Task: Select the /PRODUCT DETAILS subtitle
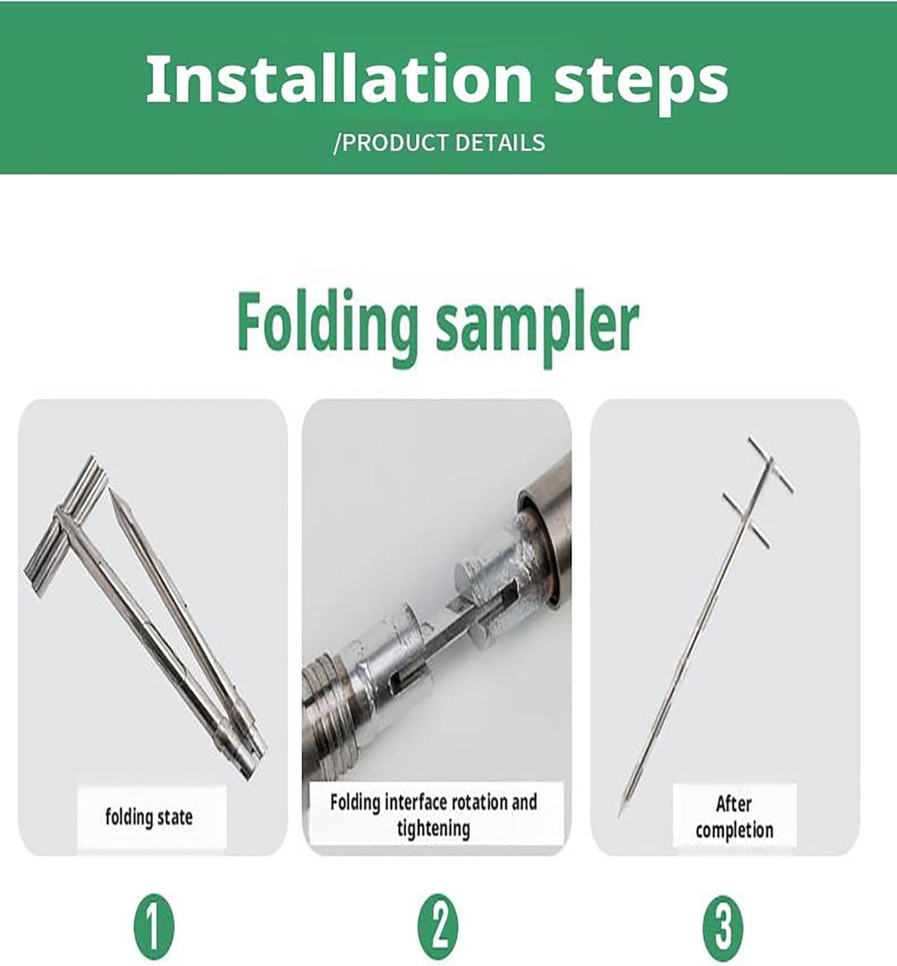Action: [x=439, y=142]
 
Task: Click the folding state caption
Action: [x=149, y=817]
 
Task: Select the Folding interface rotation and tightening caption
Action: [x=433, y=815]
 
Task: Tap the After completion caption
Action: [x=734, y=817]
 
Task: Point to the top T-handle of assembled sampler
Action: [x=771, y=464]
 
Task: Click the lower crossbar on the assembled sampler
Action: [x=746, y=519]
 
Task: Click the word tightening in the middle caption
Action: [x=433, y=828]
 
